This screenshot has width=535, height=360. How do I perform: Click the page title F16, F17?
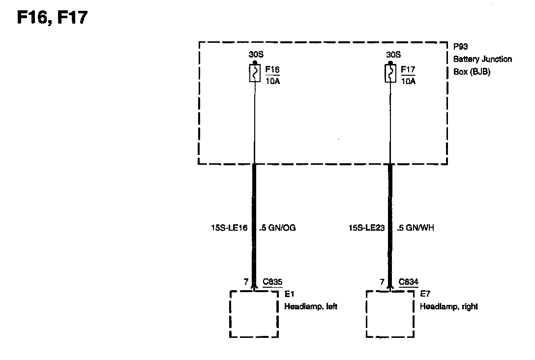pos(53,18)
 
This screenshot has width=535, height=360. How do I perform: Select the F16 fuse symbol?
pos(254,74)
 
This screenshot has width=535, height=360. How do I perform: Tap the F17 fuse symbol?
pos(390,74)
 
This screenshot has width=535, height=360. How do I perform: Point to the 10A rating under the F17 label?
pos(408,81)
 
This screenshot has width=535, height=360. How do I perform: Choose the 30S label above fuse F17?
pos(393,55)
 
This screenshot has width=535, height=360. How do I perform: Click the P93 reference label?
pos(460,47)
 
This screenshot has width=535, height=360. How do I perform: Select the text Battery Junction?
pos(482,59)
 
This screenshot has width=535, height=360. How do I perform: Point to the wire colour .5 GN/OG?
pos(277,228)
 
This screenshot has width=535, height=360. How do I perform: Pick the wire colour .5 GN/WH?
pos(416,228)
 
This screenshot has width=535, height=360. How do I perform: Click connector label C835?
pos(272,282)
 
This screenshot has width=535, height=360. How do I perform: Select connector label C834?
pos(409,282)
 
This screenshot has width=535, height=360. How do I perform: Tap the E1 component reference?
pos(290,294)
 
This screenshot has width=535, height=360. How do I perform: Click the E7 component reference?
pos(425,294)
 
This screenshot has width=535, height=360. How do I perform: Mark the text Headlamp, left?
pos(311,306)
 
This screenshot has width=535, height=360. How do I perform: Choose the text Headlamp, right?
pos(448,306)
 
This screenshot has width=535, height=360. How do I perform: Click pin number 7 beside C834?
pos(382,282)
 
